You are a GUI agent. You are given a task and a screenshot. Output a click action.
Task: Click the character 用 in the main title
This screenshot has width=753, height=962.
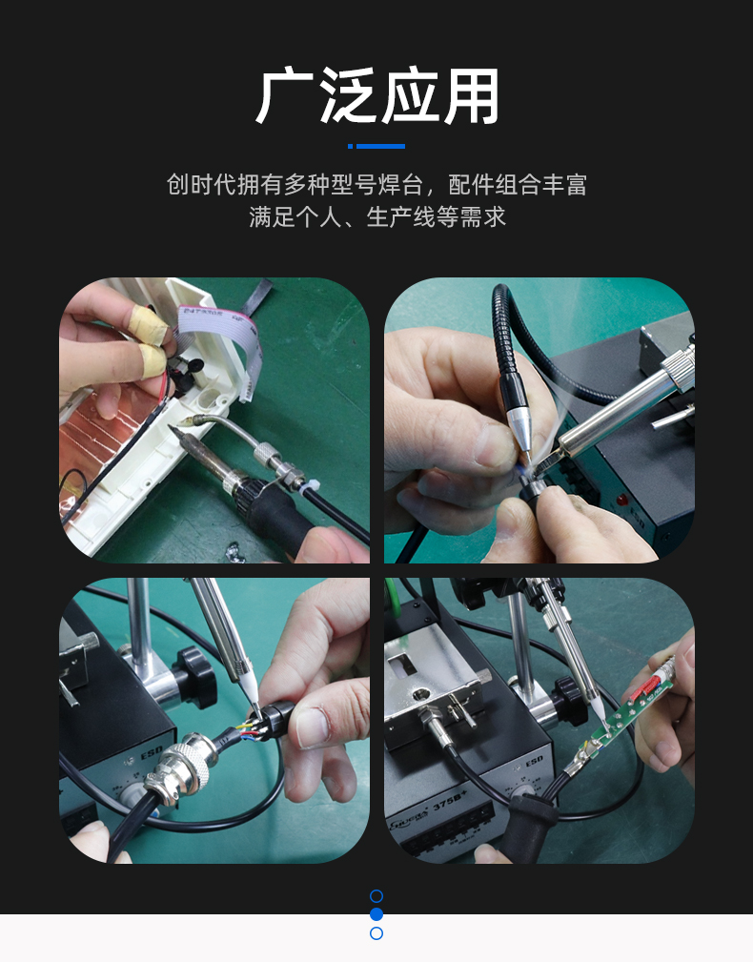[x=471, y=95]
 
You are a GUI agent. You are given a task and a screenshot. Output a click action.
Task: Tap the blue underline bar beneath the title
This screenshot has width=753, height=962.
[x=376, y=146]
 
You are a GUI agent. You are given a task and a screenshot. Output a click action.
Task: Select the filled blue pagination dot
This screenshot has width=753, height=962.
[x=376, y=914]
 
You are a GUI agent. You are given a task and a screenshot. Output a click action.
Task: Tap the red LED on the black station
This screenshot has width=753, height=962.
[x=622, y=500]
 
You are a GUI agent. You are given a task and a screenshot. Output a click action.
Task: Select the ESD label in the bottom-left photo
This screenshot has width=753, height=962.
[x=151, y=752]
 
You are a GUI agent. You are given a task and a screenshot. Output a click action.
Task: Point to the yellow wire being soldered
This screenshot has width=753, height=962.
[x=244, y=728]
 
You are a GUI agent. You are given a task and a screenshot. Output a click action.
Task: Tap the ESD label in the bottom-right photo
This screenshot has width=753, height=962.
[x=534, y=762]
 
